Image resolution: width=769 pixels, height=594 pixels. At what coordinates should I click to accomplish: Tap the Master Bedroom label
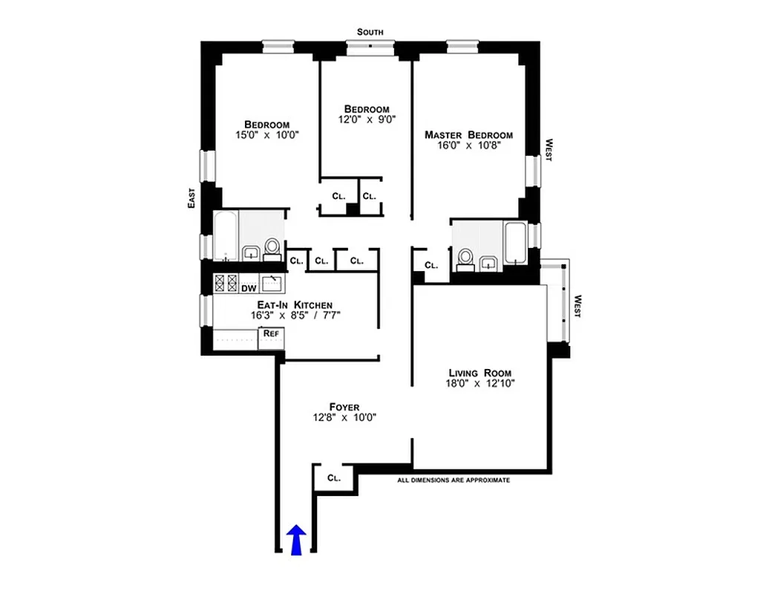(468, 134)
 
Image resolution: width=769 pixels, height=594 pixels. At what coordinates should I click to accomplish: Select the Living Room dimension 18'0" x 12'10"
(481, 384)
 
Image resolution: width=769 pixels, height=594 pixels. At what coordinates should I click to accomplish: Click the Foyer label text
(344, 407)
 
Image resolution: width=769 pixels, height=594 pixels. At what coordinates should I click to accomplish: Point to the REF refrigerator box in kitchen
(271, 334)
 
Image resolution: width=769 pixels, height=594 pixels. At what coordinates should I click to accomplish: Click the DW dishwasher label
(248, 287)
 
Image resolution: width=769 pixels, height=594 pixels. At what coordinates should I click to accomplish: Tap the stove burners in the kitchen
(226, 283)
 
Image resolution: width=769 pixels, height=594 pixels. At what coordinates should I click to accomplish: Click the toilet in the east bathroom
(272, 247)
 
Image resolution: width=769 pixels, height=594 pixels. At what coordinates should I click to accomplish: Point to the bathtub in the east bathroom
(226, 236)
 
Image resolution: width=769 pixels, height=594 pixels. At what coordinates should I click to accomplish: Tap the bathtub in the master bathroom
(514, 241)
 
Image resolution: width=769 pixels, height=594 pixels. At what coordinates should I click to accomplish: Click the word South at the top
(370, 32)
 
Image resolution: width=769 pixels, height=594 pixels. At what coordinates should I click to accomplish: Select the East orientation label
(191, 197)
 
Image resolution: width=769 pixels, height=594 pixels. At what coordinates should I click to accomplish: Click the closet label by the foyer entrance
(334, 478)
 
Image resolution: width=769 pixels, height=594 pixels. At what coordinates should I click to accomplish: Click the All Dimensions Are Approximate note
(454, 480)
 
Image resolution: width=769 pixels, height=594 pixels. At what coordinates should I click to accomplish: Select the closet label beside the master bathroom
(431, 264)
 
